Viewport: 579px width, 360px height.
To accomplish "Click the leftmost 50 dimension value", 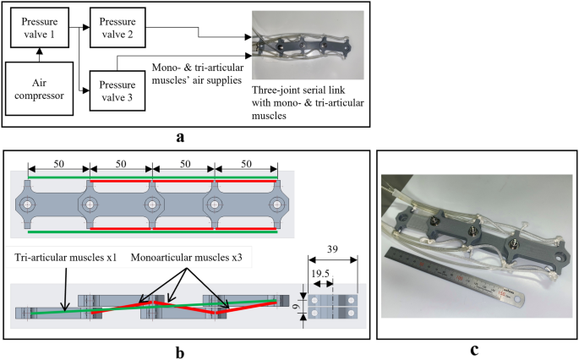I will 58,161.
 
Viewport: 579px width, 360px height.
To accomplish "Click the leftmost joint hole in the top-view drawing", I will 30,205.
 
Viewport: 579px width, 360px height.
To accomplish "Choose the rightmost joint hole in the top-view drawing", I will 275,205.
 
